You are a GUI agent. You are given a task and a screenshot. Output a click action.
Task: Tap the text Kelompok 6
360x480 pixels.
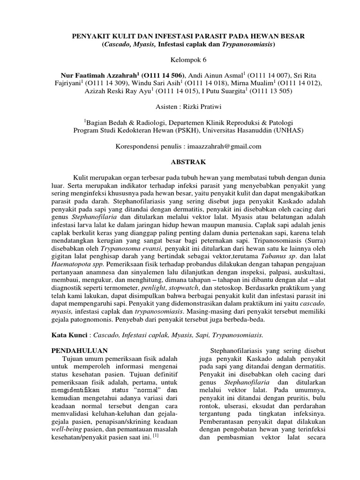(180, 60)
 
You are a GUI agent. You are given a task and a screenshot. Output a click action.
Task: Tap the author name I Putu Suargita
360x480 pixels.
(220, 91)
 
